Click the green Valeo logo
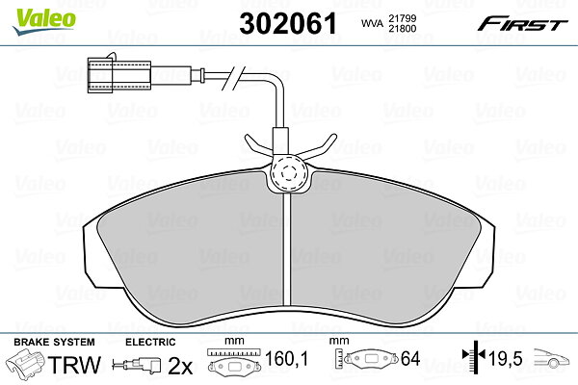coord(44,21)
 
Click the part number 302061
coord(288,23)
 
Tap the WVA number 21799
coord(402,18)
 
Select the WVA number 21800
coord(402,28)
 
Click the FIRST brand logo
coord(522,24)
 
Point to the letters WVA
coord(372,23)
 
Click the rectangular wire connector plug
coord(119,75)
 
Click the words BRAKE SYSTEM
coord(54,342)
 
